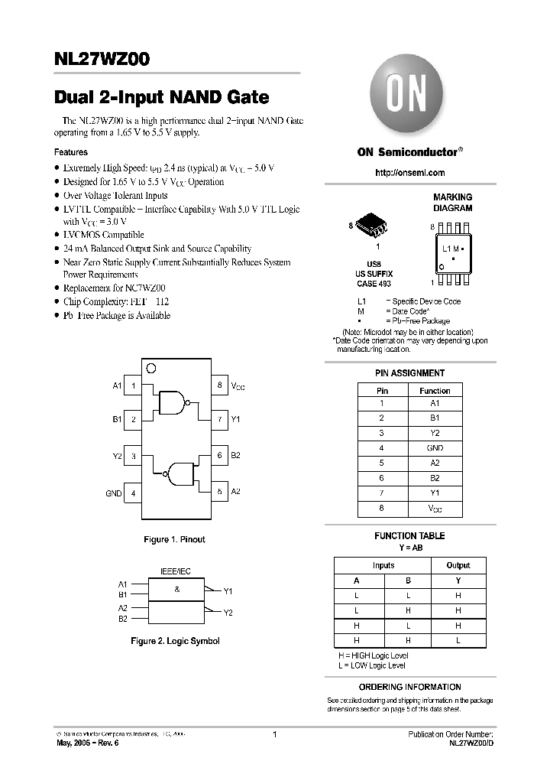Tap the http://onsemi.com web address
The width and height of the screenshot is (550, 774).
click(410, 173)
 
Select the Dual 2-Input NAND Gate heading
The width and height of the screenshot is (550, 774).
click(161, 97)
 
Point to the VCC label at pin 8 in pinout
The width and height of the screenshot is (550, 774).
click(238, 387)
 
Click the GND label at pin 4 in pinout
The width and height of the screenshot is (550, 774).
click(113, 494)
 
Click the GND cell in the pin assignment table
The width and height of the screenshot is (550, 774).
click(435, 448)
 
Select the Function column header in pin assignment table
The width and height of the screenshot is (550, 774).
click(435, 391)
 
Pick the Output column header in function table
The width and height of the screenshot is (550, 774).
click(458, 565)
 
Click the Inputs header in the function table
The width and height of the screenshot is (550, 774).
click(383, 565)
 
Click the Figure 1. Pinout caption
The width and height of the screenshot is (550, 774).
click(174, 540)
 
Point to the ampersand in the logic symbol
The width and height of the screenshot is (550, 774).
click(176, 590)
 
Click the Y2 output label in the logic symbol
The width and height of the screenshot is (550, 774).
click(228, 613)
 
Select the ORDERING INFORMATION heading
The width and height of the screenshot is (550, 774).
click(409, 687)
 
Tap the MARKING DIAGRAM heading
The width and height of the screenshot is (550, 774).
click(453, 202)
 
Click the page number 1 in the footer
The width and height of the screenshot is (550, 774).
click(273, 734)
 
